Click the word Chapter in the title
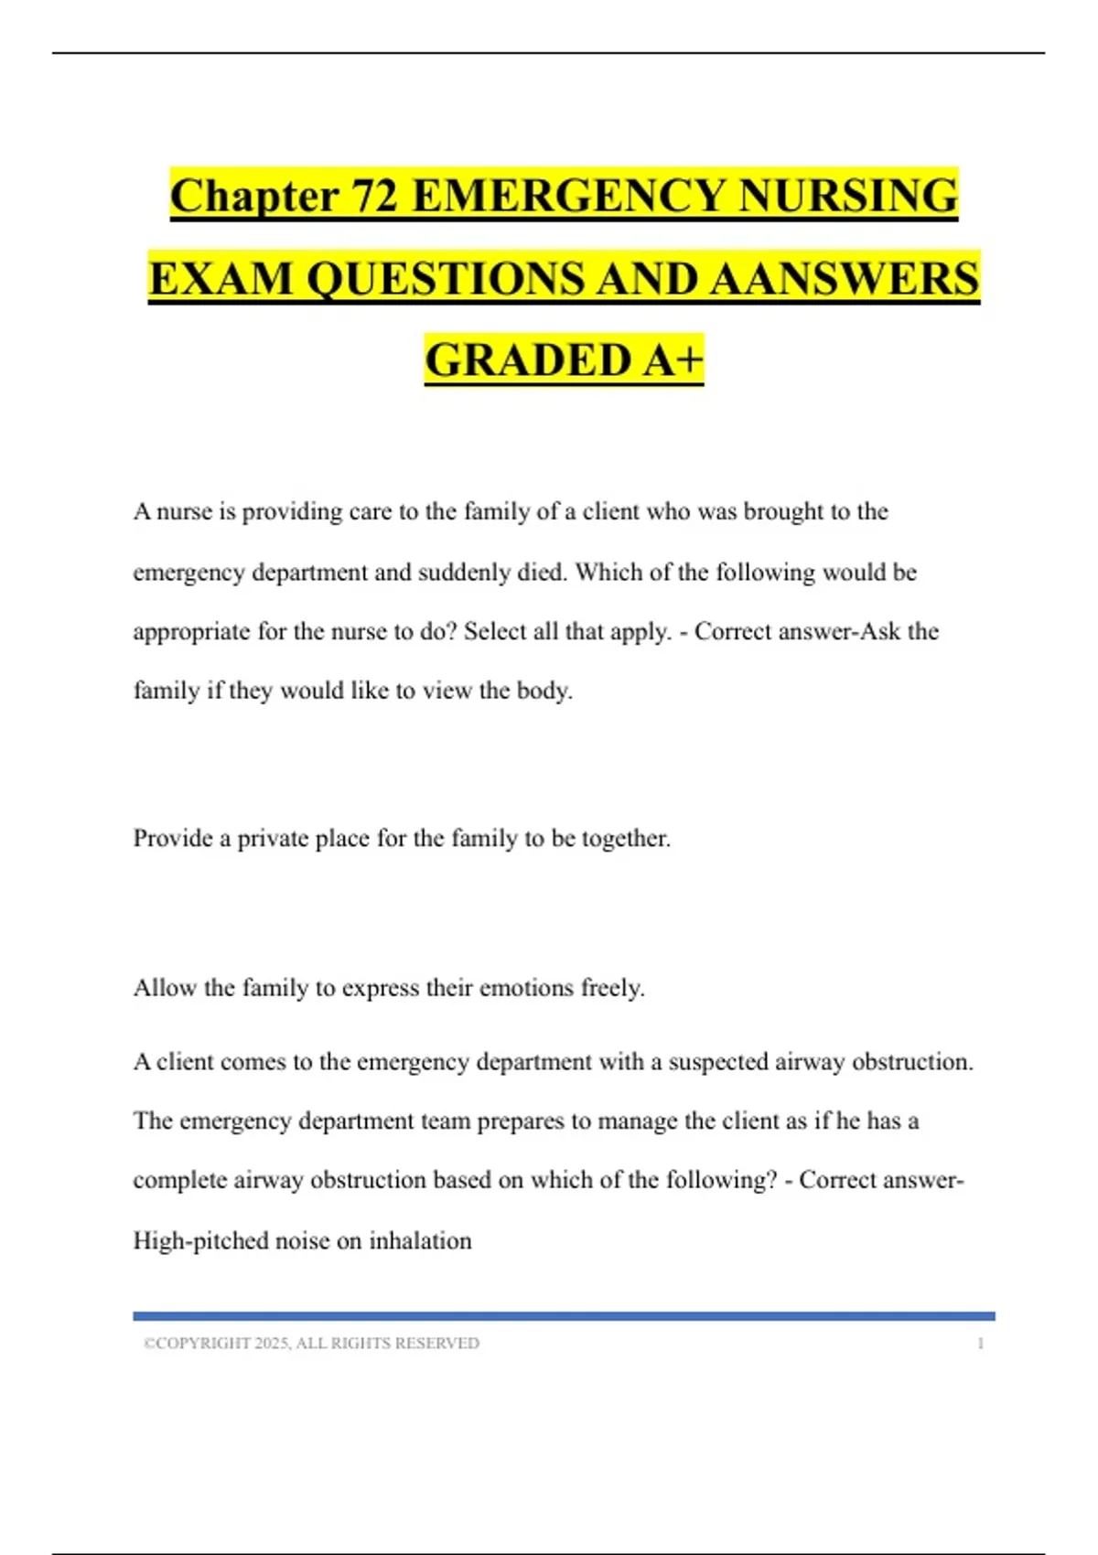254,197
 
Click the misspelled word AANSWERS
844,279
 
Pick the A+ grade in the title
673,360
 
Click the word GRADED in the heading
528,360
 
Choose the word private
273,839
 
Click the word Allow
165,988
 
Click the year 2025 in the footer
272,1344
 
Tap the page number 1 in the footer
981,1344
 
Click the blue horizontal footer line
564,1316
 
